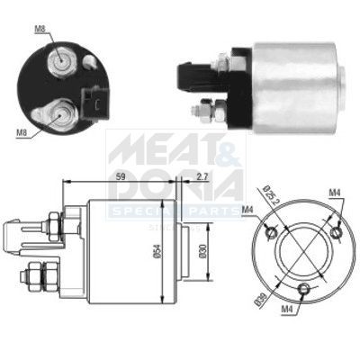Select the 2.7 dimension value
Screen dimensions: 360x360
202,176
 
